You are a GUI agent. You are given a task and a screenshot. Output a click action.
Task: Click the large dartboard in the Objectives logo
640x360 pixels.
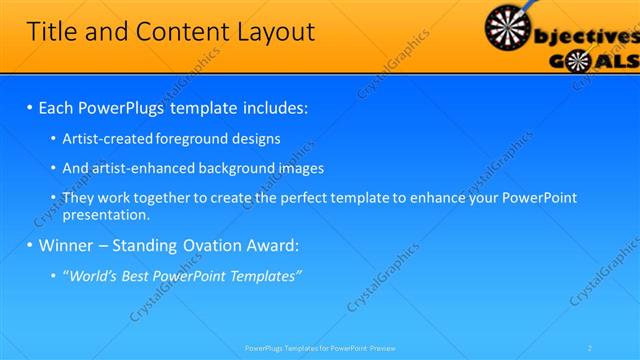[511, 28]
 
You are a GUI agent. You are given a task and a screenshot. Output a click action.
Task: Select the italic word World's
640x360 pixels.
[92, 276]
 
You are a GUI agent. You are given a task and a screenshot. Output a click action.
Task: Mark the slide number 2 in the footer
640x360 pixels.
[590, 347]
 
